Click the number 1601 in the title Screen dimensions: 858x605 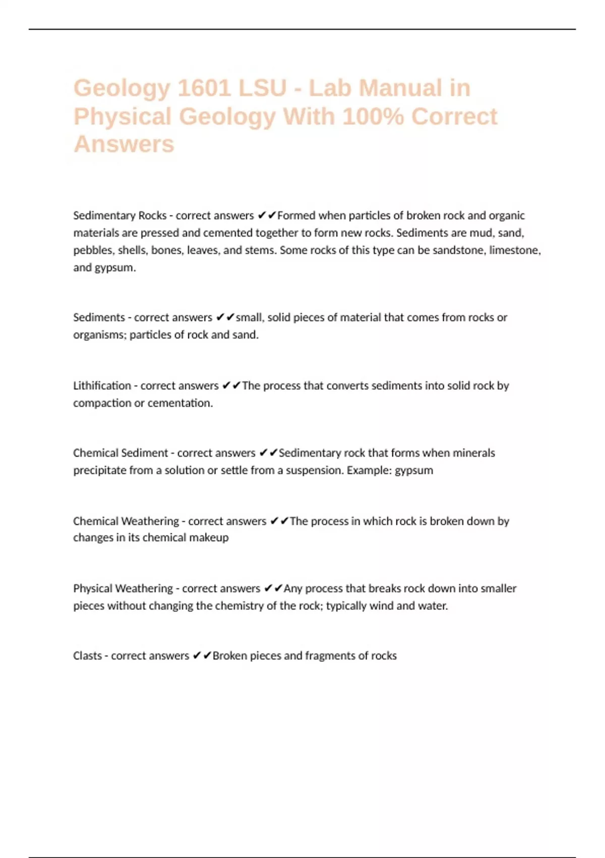pyautogui.click(x=204, y=88)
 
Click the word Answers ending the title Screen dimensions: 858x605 pyautogui.click(x=124, y=144)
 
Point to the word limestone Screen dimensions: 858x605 pyautogui.click(x=515, y=250)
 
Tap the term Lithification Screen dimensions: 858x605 pyautogui.click(x=102, y=386)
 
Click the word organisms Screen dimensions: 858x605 pyautogui.click(x=98, y=335)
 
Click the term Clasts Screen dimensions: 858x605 pyautogui.click(x=87, y=656)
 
